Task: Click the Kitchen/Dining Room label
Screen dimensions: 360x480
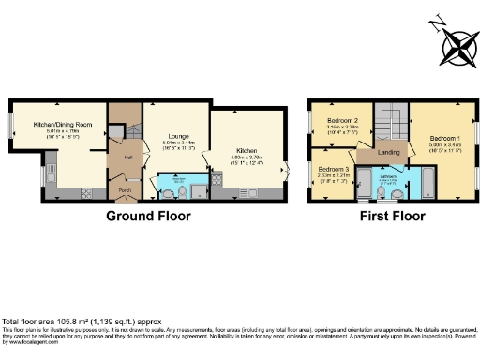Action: click(62, 125)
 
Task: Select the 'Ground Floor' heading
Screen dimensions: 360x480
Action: click(148, 216)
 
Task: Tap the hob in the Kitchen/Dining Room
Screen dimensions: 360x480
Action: click(85, 194)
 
